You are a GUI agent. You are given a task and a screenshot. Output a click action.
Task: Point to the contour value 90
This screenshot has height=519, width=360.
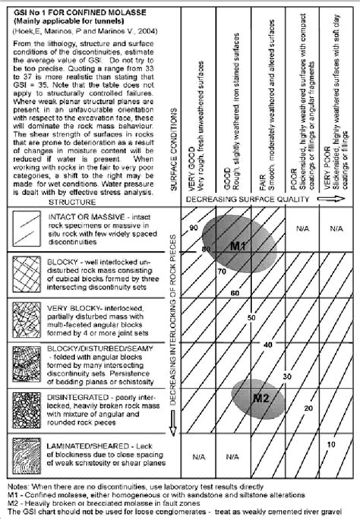[194, 228]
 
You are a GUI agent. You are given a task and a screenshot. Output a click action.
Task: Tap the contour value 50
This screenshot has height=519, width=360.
[251, 316]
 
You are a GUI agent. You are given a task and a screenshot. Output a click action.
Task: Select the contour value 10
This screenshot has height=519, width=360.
[330, 443]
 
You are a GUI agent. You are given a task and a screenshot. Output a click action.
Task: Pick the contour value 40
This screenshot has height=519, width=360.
[267, 344]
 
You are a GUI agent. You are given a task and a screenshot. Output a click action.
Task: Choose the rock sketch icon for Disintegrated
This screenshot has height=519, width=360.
[24, 410]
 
